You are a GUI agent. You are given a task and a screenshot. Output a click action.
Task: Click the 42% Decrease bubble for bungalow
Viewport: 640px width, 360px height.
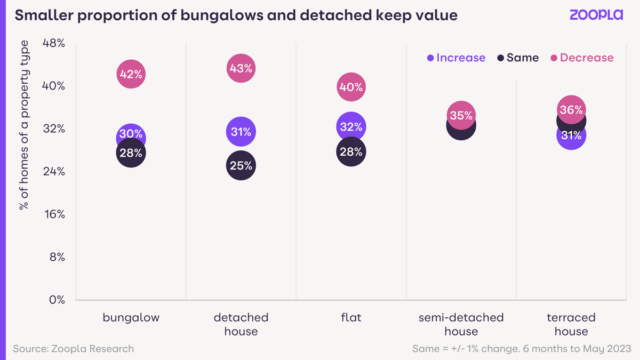point(131,74)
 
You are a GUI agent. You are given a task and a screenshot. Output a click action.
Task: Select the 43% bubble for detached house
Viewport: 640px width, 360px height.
point(241,68)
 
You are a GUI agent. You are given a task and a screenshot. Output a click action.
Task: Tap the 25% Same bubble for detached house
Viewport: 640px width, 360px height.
point(241,165)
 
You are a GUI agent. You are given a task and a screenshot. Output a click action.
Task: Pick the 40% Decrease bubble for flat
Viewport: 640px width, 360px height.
point(351,87)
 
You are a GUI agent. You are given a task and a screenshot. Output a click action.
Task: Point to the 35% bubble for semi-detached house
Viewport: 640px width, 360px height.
point(461,115)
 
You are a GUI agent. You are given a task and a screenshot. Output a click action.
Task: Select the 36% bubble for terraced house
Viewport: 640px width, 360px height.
point(571,109)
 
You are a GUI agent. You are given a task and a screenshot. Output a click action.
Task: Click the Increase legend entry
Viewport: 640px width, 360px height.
point(457,58)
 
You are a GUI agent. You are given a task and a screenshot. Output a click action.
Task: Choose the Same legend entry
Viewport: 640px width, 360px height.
point(518,58)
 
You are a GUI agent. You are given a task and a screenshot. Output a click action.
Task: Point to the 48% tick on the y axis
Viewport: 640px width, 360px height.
point(53,43)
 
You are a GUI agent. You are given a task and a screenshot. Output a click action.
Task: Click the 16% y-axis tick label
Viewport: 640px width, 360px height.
point(53,214)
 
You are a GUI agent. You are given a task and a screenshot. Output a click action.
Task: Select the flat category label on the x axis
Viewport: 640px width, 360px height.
point(351,318)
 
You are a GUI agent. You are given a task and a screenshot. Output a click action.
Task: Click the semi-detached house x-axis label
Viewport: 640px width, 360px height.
point(461,324)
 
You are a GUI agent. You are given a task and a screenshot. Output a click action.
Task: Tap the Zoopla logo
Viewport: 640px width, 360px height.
point(596,15)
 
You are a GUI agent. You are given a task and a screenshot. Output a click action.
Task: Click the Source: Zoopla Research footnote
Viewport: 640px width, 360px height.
point(74,349)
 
